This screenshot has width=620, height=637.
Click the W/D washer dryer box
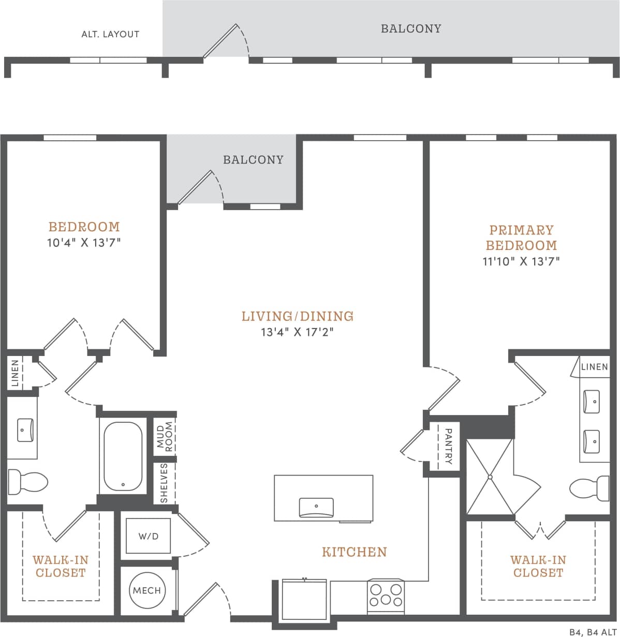(x=149, y=536)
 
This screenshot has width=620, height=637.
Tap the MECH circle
(x=147, y=590)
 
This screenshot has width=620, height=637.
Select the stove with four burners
(x=386, y=595)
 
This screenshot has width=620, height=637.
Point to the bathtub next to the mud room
(x=123, y=457)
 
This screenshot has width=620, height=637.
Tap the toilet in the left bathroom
(x=28, y=482)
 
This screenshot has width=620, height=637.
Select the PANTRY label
(x=448, y=446)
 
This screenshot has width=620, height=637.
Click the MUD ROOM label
(x=165, y=437)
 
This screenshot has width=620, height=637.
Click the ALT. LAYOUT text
(x=110, y=34)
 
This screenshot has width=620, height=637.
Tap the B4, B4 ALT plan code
(x=593, y=632)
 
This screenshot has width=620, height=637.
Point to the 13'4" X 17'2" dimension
(x=297, y=332)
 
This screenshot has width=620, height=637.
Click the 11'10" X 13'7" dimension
(x=521, y=261)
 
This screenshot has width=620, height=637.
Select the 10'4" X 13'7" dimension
(x=84, y=242)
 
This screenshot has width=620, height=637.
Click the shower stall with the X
(x=490, y=477)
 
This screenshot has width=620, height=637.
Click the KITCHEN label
(x=355, y=552)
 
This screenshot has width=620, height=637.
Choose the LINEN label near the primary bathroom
(x=594, y=367)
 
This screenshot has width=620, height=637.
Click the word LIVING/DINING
(x=297, y=316)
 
